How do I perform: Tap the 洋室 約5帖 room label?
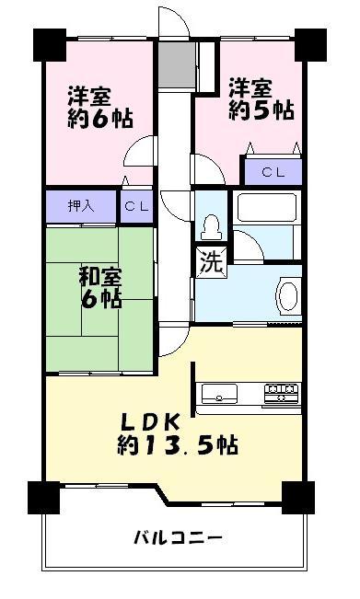point(261,98)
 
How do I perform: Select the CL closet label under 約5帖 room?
point(272,171)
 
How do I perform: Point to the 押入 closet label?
point(81,205)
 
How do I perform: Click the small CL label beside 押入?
point(137,206)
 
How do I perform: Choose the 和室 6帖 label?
point(99,286)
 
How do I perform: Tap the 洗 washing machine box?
point(210,262)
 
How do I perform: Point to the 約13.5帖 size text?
point(177,446)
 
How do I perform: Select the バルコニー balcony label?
point(178,537)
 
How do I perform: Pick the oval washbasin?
point(288,297)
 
